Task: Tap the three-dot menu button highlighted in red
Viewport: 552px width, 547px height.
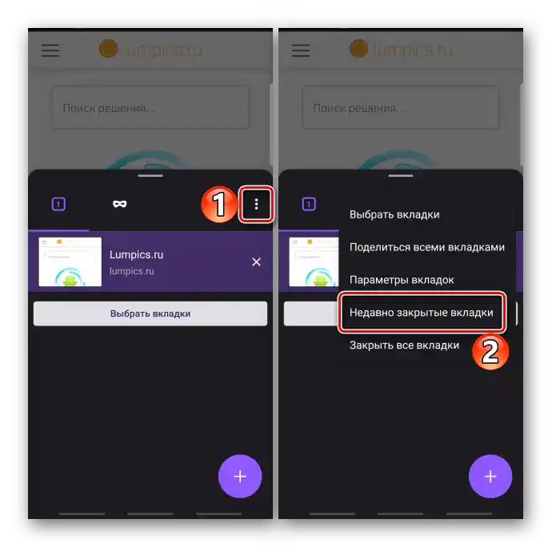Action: pos(256,204)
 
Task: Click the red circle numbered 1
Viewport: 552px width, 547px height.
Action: pos(219,204)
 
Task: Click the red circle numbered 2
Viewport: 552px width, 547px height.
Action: pos(490,352)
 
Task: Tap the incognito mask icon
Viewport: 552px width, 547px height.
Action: pos(120,204)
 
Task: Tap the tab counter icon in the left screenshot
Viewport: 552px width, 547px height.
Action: pos(58,204)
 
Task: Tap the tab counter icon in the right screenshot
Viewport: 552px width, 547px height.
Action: pos(309,204)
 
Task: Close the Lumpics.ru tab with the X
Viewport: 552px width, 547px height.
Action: pos(256,262)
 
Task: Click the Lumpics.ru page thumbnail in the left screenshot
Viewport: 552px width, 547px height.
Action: pos(70,262)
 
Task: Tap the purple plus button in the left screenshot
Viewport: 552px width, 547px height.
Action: pos(240,477)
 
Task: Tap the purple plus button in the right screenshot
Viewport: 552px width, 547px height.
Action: pos(490,477)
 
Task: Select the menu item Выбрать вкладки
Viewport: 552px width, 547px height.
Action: pos(394,214)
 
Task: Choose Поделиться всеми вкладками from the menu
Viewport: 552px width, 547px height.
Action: pos(427,247)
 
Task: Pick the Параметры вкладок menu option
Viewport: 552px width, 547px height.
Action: pos(402,280)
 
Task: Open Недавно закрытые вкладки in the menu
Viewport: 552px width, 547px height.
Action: pos(422,313)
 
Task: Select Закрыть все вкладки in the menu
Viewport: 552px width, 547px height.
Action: pos(404,345)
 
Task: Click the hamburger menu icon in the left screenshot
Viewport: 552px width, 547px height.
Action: pos(50,50)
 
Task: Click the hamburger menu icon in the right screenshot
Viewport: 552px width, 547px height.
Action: pos(301,50)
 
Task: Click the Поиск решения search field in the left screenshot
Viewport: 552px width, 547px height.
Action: pos(150,107)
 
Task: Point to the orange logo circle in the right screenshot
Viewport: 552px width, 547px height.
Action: pos(358,48)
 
